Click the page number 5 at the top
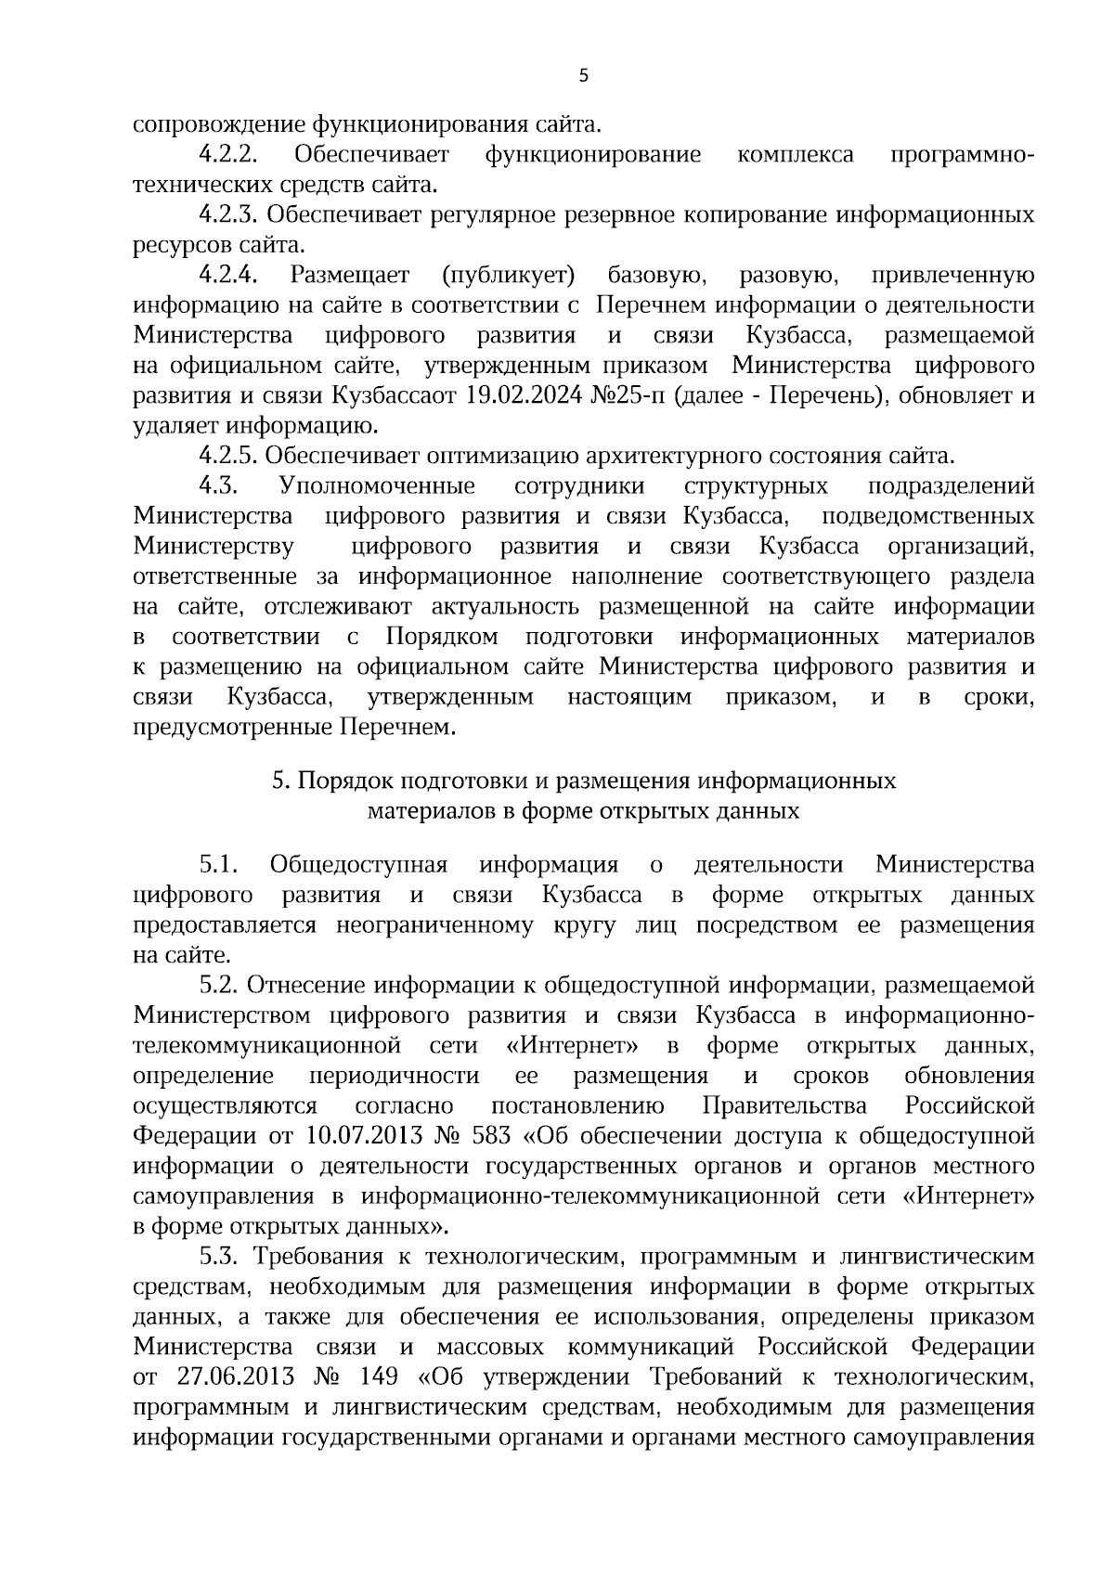583,77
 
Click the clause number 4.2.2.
228,154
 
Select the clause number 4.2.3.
228,215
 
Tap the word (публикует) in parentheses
510,276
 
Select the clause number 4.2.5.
228,457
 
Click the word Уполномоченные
377,486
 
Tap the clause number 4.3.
221,486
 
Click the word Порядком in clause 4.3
442,638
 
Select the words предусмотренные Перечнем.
295,728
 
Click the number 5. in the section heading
281,782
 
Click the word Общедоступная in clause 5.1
358,866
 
